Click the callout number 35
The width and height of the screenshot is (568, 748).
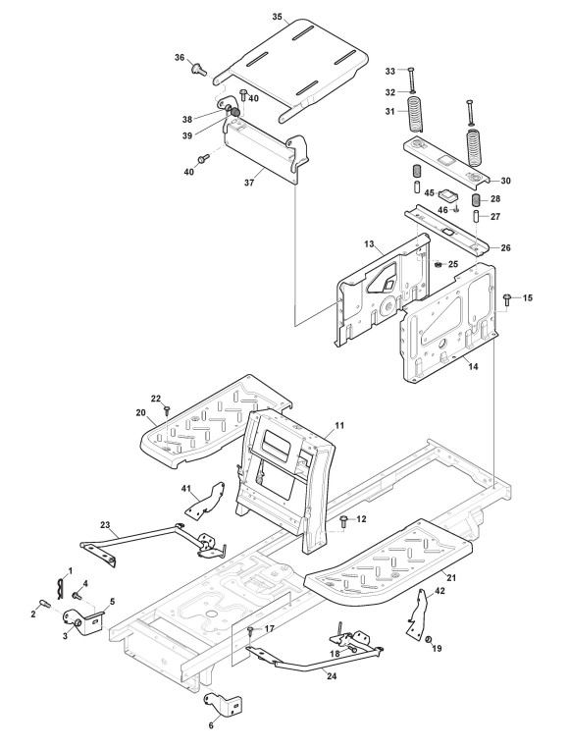(x=278, y=17)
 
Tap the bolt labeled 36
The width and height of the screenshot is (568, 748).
(x=199, y=70)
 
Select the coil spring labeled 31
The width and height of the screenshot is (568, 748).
(x=414, y=114)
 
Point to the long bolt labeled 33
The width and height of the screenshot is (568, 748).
(x=411, y=79)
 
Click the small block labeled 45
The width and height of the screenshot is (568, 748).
(x=448, y=194)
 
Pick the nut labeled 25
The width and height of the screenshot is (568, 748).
(x=438, y=264)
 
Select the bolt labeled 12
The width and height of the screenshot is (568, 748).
(x=343, y=521)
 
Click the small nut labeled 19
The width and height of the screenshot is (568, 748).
(x=429, y=639)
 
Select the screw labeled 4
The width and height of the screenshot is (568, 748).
(x=77, y=595)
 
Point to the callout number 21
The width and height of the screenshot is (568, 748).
(x=451, y=578)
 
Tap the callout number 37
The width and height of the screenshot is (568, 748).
(x=249, y=182)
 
